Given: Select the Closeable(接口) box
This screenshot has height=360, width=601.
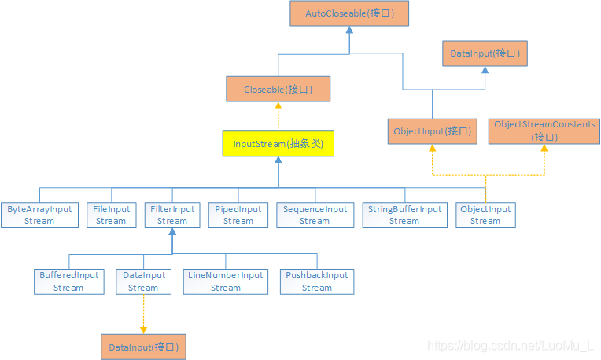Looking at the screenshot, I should pyautogui.click(x=278, y=90).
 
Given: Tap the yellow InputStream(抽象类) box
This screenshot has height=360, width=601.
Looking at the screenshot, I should pyautogui.click(x=278, y=144).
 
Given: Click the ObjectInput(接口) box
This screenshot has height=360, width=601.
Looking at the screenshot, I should pyautogui.click(x=432, y=131).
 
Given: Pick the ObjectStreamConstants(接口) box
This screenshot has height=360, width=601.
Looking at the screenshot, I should pyautogui.click(x=544, y=131).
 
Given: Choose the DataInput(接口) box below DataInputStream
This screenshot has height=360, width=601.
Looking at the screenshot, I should pyautogui.click(x=143, y=347).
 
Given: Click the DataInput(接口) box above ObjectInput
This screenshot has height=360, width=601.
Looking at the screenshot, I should pyautogui.click(x=485, y=55).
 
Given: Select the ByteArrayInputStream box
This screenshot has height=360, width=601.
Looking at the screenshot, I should pyautogui.click(x=39, y=215).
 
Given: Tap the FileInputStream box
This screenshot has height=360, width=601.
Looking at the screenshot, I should pyautogui.click(x=111, y=215).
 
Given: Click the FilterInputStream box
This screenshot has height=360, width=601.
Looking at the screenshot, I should pyautogui.click(x=172, y=215).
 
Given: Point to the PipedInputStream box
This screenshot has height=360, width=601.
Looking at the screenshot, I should pyautogui.click(x=238, y=215).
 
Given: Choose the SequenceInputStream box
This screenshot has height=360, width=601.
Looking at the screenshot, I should pyautogui.click(x=315, y=215).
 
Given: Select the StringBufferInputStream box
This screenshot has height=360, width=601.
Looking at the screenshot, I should pyautogui.click(x=404, y=215).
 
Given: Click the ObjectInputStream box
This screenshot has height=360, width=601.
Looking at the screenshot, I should pyautogui.click(x=485, y=215).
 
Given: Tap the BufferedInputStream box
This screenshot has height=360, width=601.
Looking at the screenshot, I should pyautogui.click(x=68, y=281).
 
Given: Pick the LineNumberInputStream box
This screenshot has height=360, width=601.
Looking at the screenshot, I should pyautogui.click(x=226, y=281).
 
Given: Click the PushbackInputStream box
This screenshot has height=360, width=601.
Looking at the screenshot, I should pyautogui.click(x=317, y=281).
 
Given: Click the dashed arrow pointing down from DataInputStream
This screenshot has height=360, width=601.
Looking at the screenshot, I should pyautogui.click(x=143, y=314).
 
